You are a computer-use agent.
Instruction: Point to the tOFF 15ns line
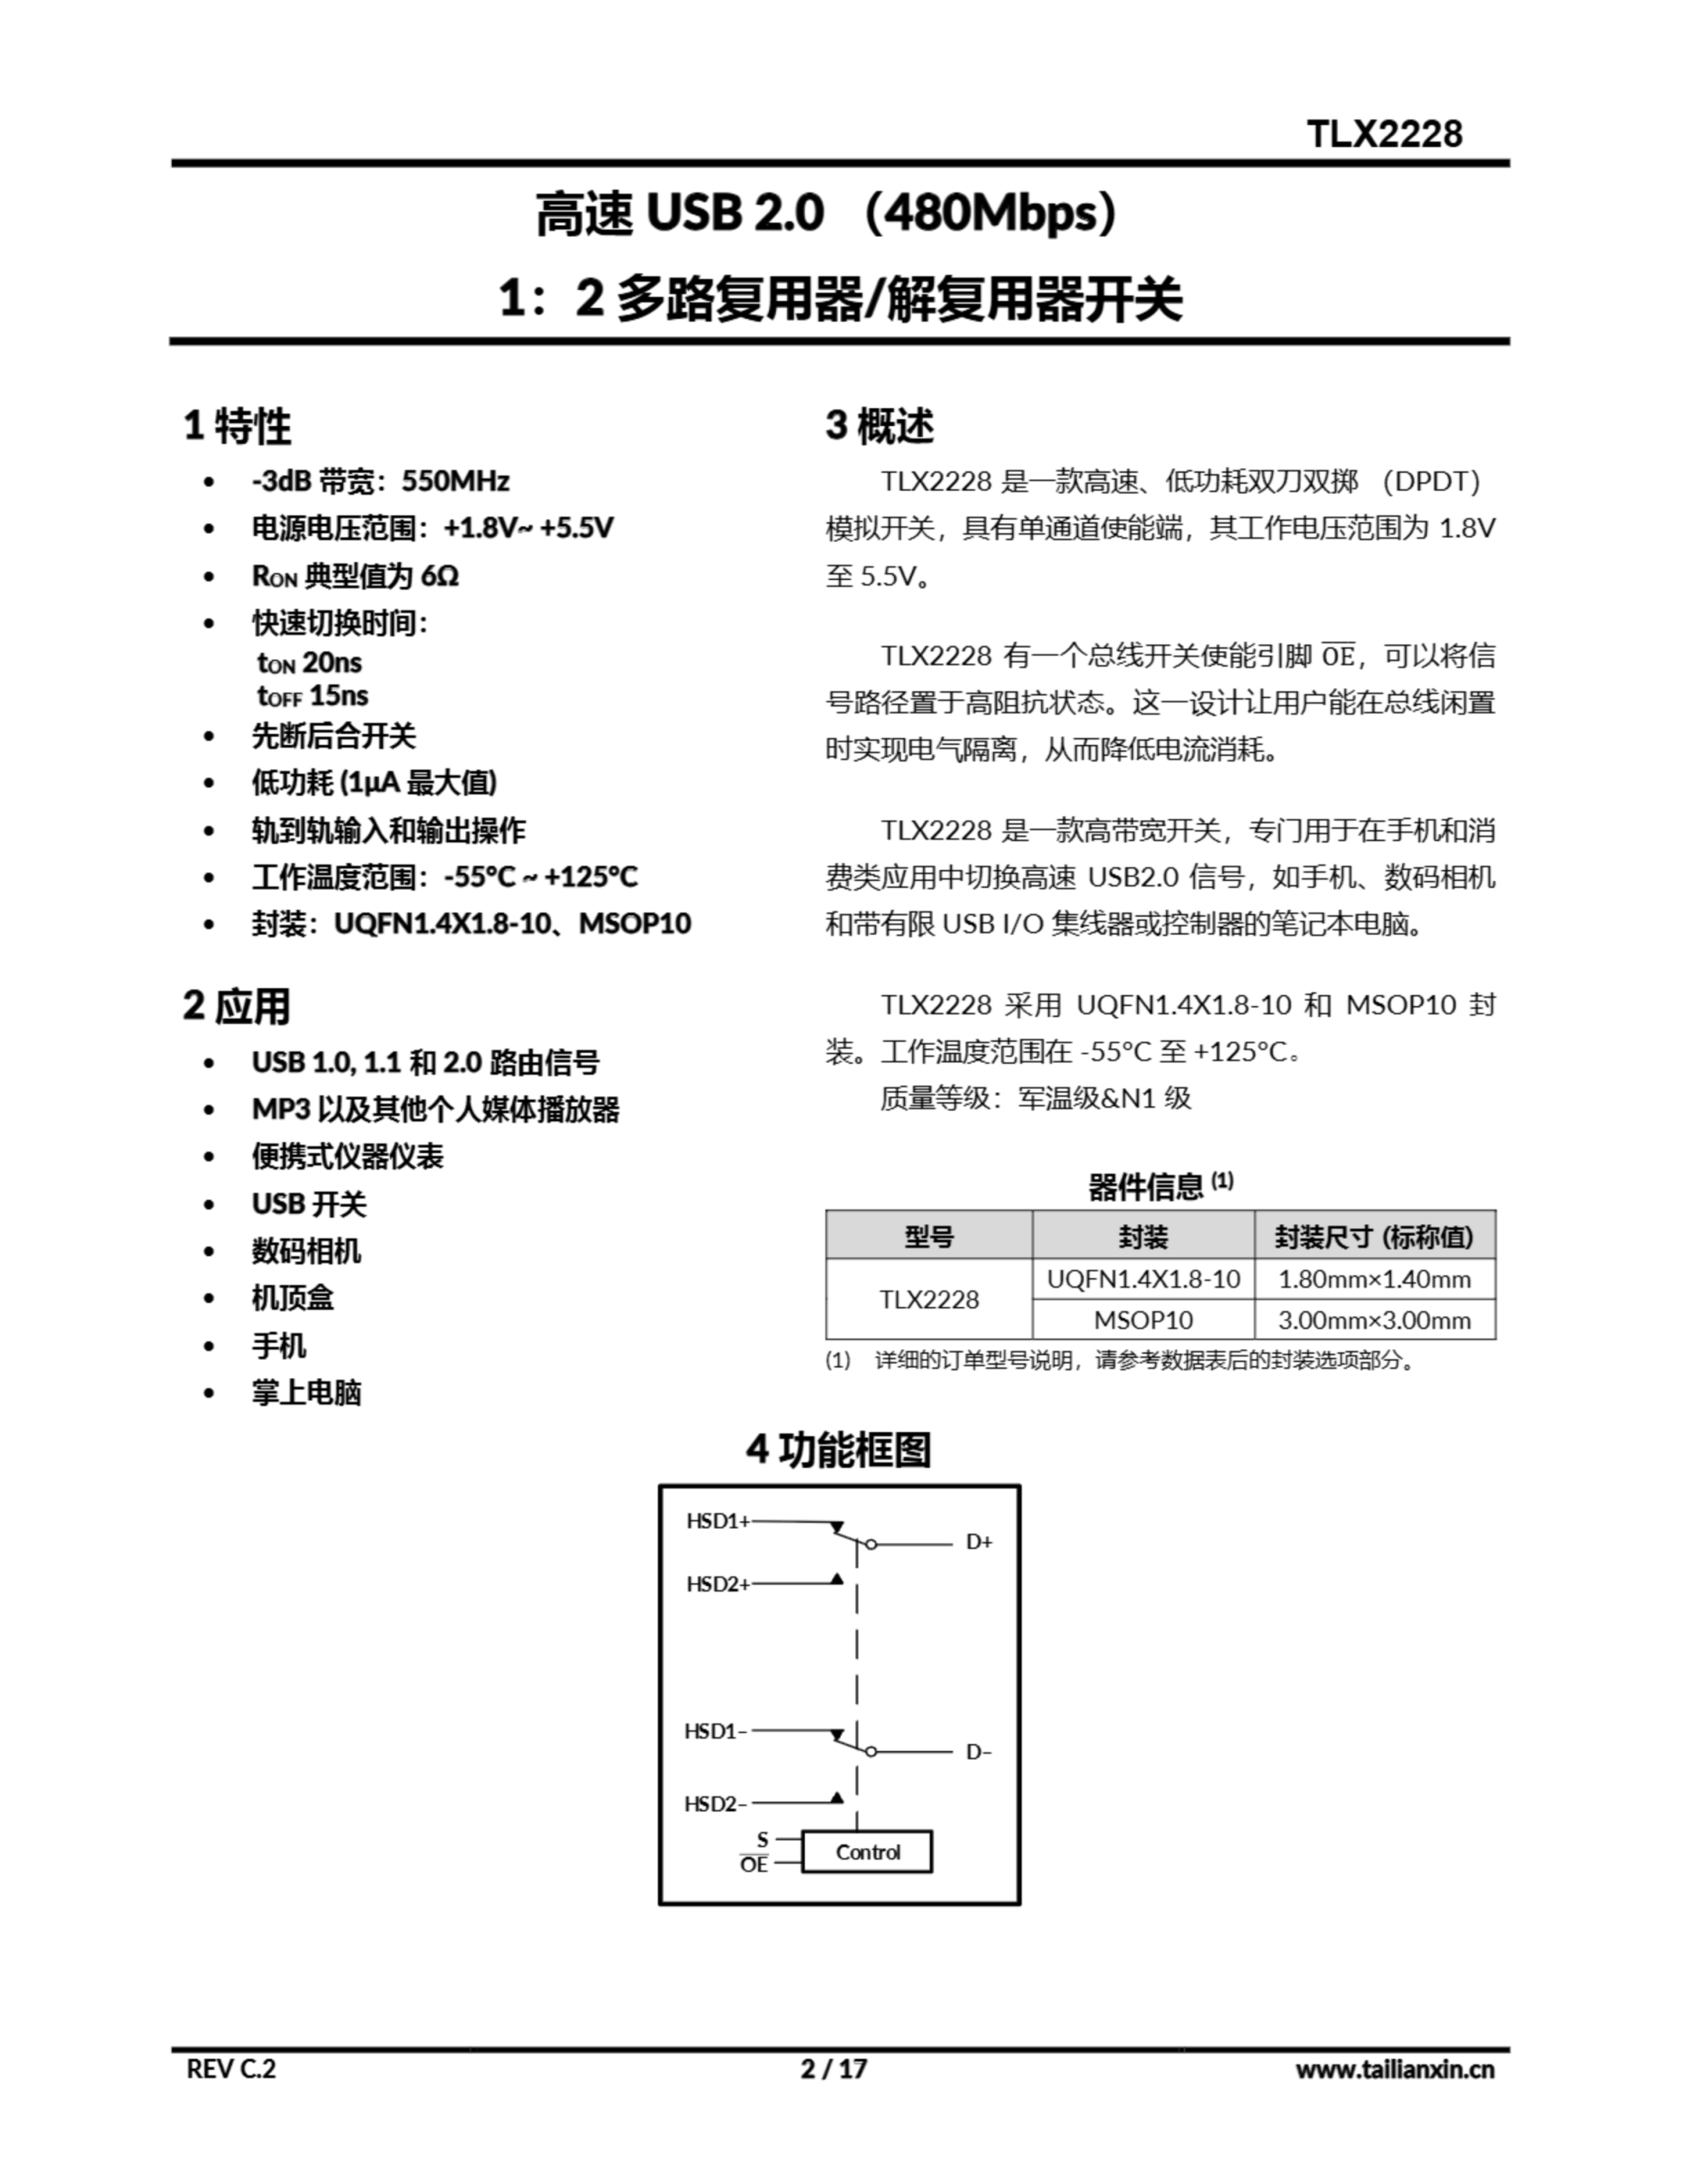[312, 696]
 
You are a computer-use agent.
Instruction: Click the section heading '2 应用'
[236, 1006]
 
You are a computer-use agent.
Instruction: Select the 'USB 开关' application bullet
[308, 1204]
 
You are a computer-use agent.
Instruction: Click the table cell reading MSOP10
[1142, 1320]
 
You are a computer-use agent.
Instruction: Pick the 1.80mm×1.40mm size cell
[1373, 1279]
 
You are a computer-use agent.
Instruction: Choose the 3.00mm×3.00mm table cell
[1373, 1320]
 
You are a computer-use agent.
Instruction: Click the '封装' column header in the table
[1142, 1237]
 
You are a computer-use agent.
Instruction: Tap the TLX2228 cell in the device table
[928, 1299]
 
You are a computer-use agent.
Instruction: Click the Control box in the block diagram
[867, 1851]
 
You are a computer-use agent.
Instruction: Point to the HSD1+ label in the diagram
[716, 1521]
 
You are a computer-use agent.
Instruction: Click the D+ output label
[978, 1542]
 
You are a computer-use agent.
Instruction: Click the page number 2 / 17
[833, 2068]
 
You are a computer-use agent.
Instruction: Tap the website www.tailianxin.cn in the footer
[1394, 2068]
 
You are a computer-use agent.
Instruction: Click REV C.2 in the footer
[231, 2068]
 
